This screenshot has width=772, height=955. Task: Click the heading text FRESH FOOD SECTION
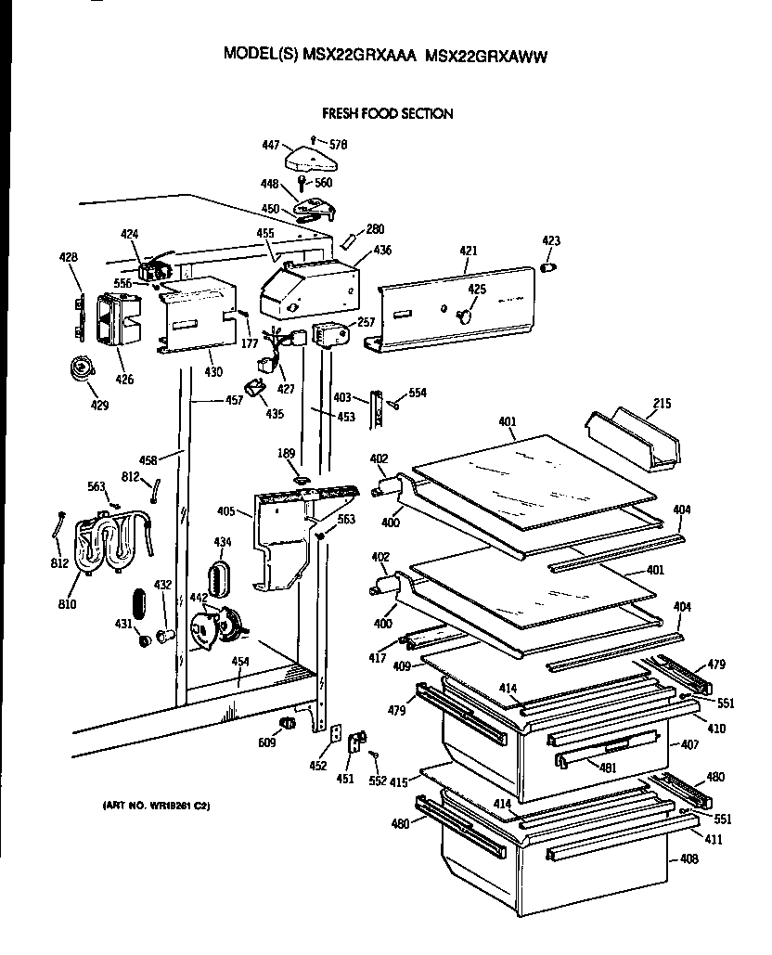[x=387, y=114]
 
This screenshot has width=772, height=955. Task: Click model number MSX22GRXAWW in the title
[x=485, y=55]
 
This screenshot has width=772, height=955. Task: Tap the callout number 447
[x=271, y=146]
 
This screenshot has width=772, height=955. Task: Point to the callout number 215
[x=661, y=404]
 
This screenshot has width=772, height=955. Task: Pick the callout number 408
[x=688, y=859]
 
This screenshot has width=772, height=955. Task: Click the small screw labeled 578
[x=314, y=139]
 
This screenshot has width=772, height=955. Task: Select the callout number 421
[x=469, y=251]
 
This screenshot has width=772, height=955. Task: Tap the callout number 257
[x=366, y=321]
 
